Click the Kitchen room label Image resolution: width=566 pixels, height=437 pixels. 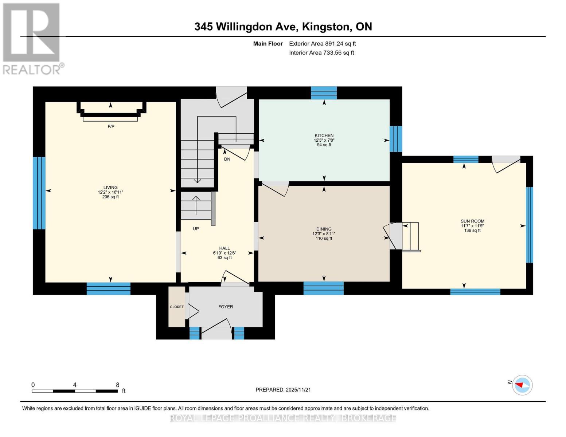tap(324, 135)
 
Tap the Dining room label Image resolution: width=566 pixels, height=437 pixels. tap(324, 229)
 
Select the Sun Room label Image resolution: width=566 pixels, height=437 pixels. tap(472, 221)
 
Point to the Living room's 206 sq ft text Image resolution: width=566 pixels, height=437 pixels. tap(110, 197)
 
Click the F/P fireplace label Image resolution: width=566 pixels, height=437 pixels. tap(111, 126)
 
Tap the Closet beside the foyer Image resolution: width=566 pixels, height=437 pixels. tap(177, 307)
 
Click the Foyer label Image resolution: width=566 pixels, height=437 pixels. tap(226, 307)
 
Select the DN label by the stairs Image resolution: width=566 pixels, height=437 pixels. tap(227, 159)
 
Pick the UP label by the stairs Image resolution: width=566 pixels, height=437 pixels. tap(196, 229)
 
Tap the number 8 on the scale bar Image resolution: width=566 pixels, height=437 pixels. tap(117, 385)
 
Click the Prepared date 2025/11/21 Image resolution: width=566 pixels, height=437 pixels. tap(283, 390)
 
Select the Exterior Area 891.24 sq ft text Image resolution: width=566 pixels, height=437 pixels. tap(322, 44)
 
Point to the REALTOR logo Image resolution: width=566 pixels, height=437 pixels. tap(32, 38)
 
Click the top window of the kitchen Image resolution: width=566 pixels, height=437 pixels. tap(324, 93)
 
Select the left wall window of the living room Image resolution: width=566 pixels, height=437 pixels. tap(39, 193)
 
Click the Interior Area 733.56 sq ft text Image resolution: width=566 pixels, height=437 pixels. tap(321, 53)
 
